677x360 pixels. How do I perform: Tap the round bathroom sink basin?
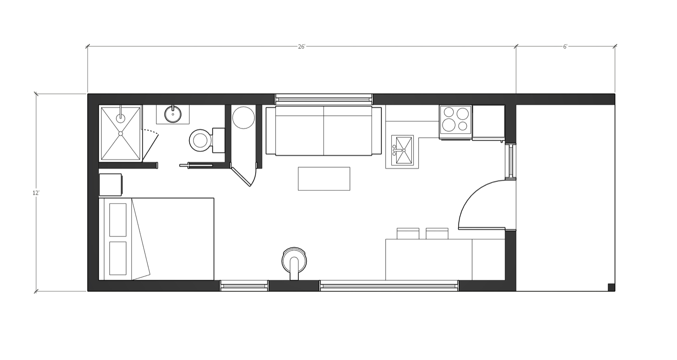click(173, 114)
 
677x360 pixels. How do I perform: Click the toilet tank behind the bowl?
click(219, 140)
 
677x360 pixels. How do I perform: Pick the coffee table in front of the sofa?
click(324, 178)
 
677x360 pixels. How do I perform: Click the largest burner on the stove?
click(449, 125)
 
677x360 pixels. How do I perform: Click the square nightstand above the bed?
click(110, 185)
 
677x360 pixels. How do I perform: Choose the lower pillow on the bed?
click(117, 258)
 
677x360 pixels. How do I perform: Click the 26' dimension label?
click(301, 47)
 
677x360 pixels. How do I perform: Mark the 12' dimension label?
click(36, 193)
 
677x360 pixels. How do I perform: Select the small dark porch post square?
click(611, 287)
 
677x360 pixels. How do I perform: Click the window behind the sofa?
click(324, 99)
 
